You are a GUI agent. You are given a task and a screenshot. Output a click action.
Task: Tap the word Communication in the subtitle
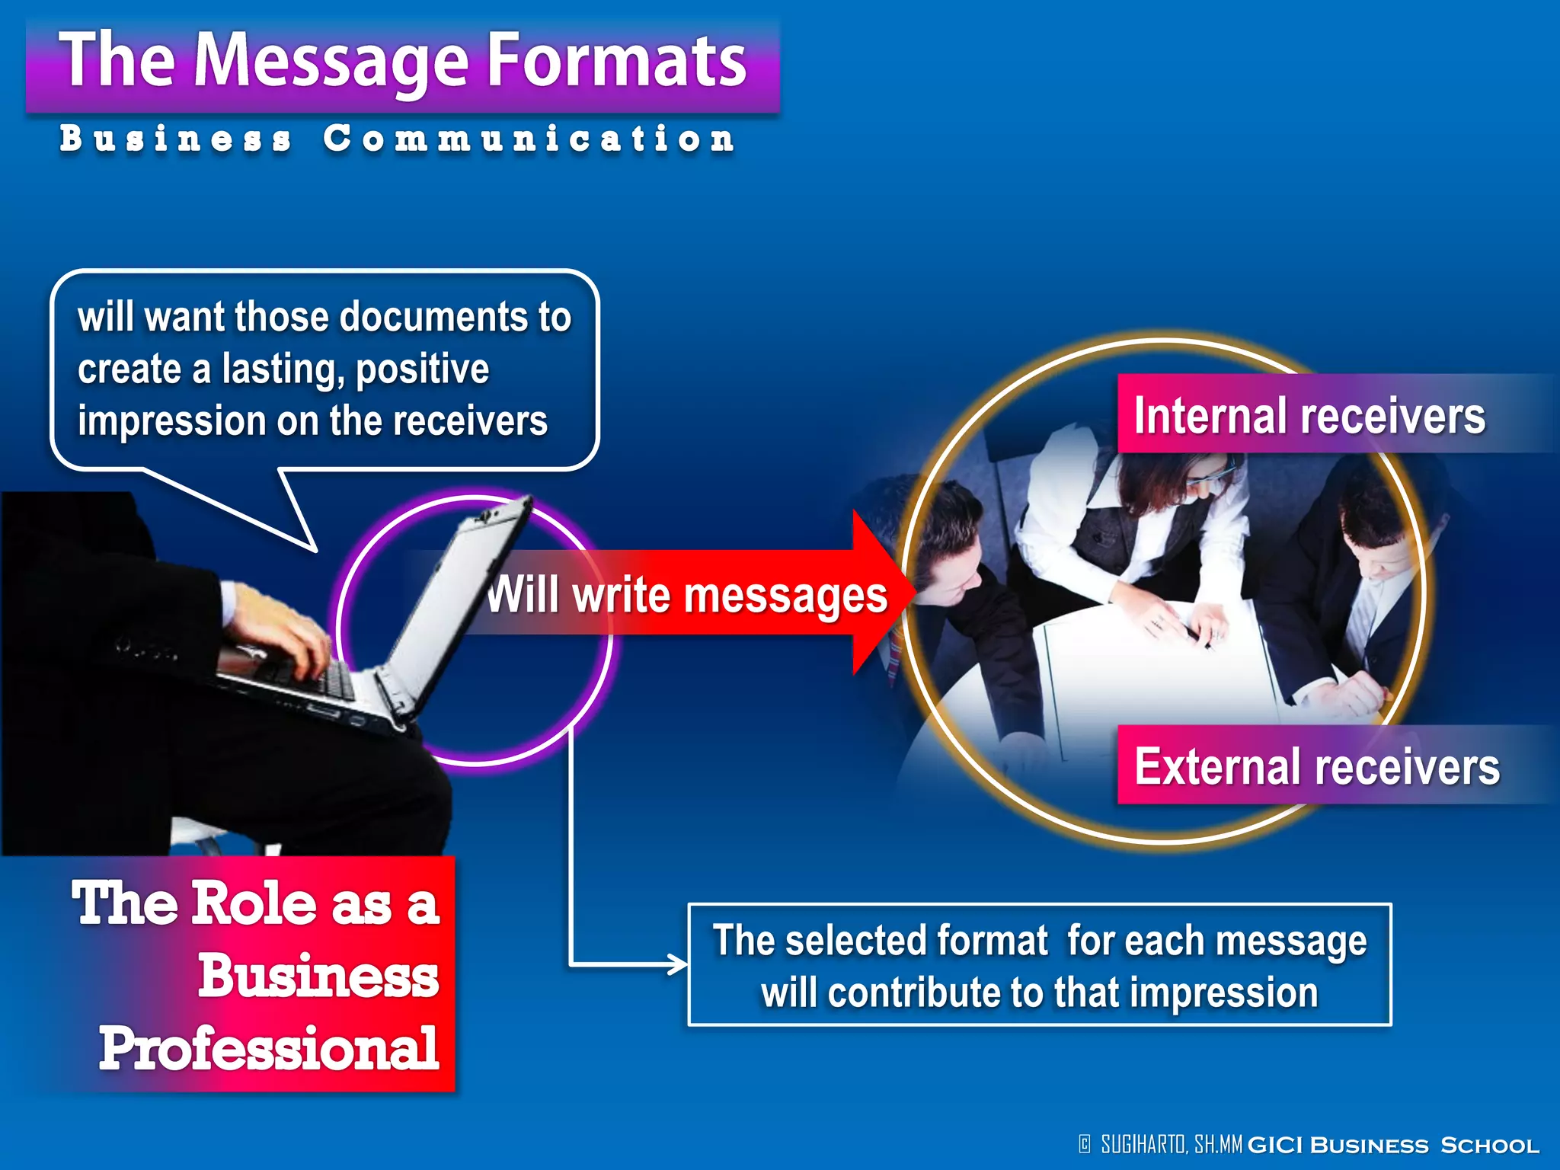529,139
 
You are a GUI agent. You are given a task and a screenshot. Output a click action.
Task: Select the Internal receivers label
1309,416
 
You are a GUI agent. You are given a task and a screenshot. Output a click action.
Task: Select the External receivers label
1316,766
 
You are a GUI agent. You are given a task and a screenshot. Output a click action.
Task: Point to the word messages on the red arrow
785,596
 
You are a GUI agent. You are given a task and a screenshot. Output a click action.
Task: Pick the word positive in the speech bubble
422,370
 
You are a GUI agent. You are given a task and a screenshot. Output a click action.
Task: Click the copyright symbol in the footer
1085,1144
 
